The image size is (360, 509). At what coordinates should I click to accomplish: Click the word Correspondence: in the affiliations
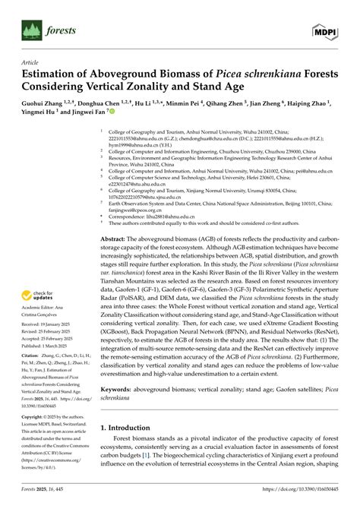(132, 217)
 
